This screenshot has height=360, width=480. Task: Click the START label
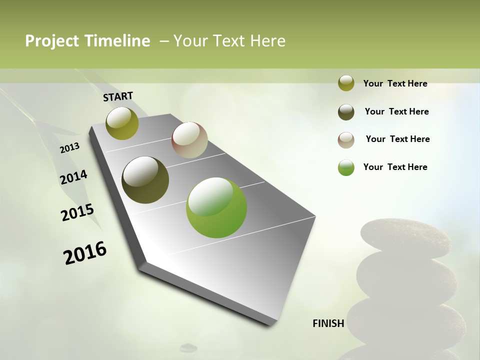click(118, 96)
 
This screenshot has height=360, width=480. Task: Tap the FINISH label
click(328, 323)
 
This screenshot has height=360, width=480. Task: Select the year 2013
click(69, 148)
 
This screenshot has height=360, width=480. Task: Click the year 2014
click(73, 177)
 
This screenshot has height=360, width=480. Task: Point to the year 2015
click(77, 212)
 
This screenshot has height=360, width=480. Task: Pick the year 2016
click(85, 253)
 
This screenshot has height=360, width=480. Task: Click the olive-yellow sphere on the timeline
click(122, 123)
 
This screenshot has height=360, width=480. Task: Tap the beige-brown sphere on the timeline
click(189, 140)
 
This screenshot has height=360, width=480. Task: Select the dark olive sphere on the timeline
click(145, 180)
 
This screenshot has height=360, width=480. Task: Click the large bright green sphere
click(216, 207)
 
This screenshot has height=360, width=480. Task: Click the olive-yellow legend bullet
click(346, 83)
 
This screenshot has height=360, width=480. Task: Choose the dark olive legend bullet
click(346, 112)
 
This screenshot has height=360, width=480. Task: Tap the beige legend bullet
click(346, 140)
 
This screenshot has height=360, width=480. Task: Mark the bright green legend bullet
click(346, 167)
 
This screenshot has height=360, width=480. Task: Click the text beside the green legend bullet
click(395, 167)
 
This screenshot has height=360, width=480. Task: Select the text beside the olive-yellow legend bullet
click(395, 83)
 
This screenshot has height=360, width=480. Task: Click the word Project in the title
click(52, 41)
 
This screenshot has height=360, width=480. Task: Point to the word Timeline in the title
click(117, 41)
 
